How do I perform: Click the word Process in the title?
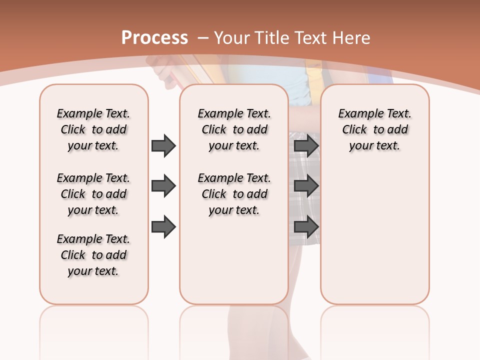pyautogui.click(x=154, y=38)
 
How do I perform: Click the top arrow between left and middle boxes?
pyautogui.click(x=163, y=145)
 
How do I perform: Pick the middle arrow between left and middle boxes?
pyautogui.click(x=163, y=186)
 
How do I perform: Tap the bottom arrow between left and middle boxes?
pyautogui.click(x=163, y=227)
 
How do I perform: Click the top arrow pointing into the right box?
pyautogui.click(x=306, y=145)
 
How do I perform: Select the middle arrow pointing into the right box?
pyautogui.click(x=306, y=186)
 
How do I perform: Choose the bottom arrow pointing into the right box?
pyautogui.click(x=306, y=227)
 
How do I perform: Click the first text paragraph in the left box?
pyautogui.click(x=93, y=129)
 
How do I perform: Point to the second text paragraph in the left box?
pyautogui.click(x=93, y=194)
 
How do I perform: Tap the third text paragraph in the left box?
pyautogui.click(x=93, y=255)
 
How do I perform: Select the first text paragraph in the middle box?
pyautogui.click(x=234, y=129)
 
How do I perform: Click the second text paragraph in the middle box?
pyautogui.click(x=234, y=194)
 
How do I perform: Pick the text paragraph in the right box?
pyautogui.click(x=375, y=129)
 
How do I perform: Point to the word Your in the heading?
pyautogui.click(x=232, y=38)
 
